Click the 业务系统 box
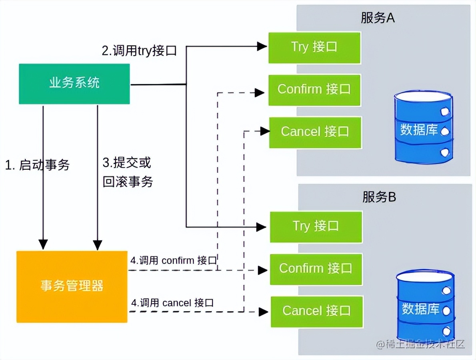click(74, 84)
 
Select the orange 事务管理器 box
click(72, 286)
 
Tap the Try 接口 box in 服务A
click(314, 47)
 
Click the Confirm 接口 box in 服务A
click(314, 90)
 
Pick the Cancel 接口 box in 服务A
click(315, 132)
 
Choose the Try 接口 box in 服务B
click(316, 226)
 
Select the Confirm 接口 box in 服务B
click(316, 269)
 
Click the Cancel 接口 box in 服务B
click(316, 311)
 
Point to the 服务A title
click(378, 18)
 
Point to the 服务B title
click(379, 197)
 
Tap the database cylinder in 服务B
click(425, 306)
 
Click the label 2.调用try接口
click(139, 51)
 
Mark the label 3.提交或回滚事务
click(128, 172)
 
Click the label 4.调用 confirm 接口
click(173, 260)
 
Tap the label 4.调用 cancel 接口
click(172, 303)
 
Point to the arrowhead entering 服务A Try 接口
click(262, 46)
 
